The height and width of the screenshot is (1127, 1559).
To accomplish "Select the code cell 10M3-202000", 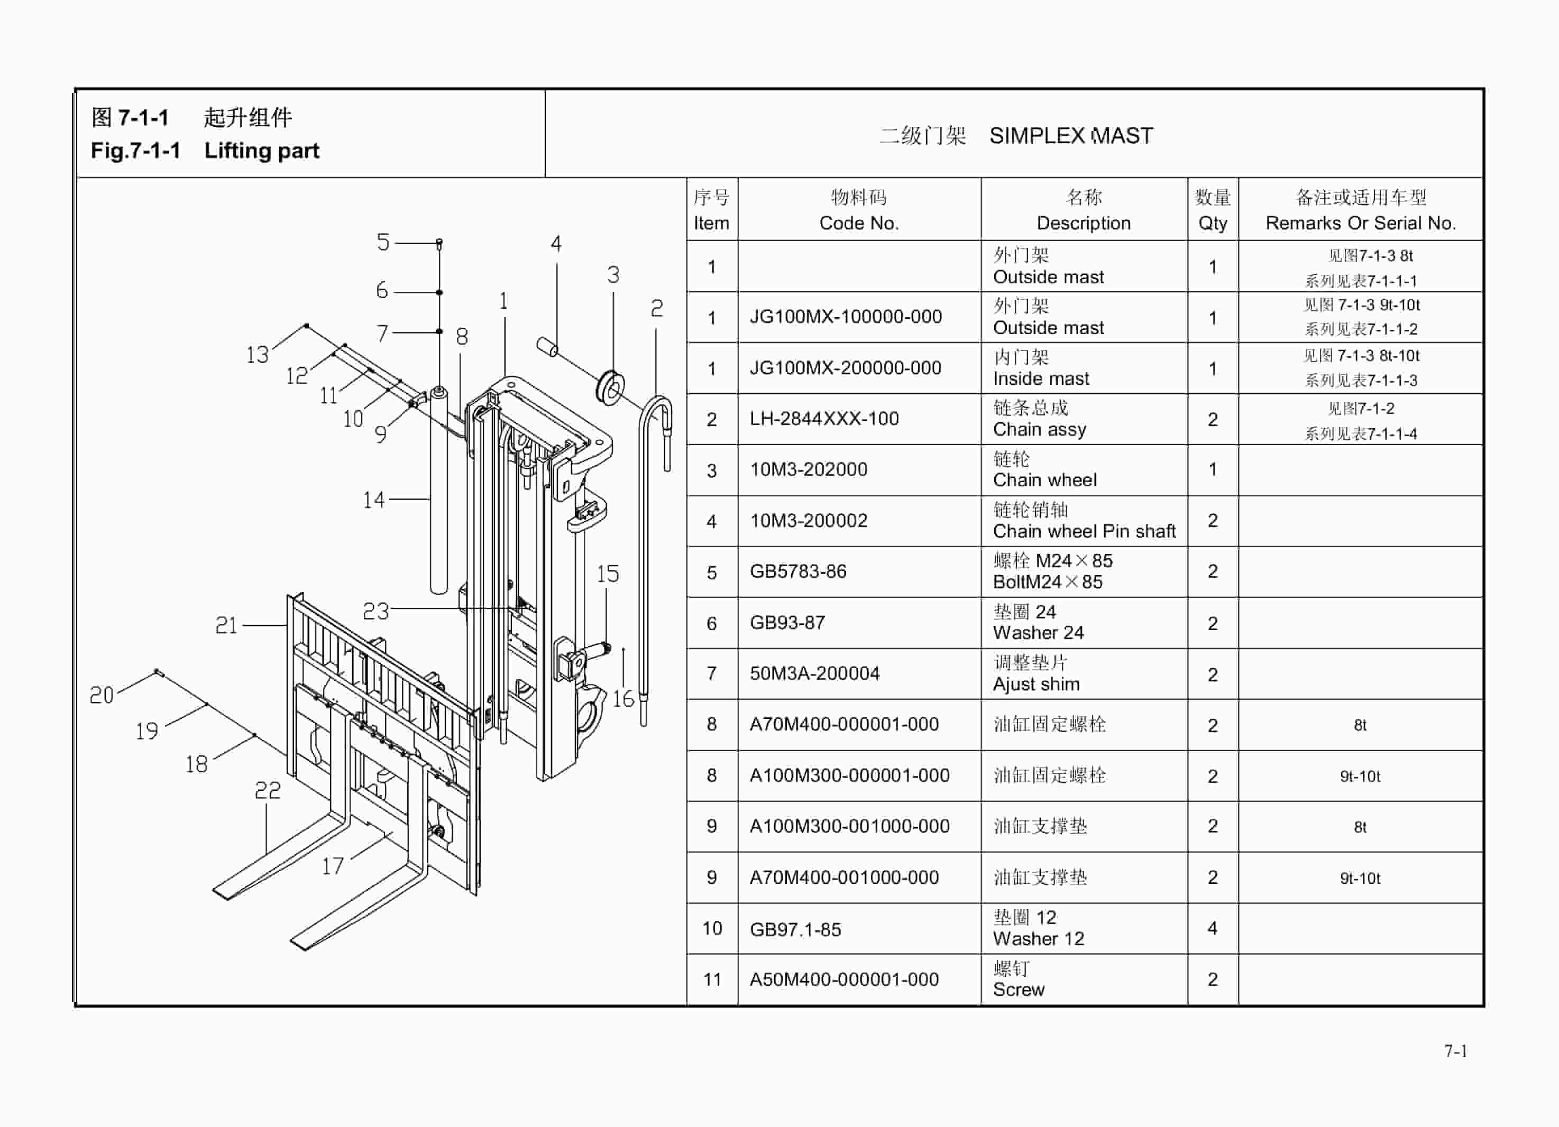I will click(809, 469).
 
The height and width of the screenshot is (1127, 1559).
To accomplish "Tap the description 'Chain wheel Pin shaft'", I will click(1084, 531).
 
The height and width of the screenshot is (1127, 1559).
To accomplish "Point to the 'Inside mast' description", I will click(1041, 378).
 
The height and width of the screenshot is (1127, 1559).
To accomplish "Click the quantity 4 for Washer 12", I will click(1213, 928).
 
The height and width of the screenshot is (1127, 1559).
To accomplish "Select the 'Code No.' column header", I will click(858, 223).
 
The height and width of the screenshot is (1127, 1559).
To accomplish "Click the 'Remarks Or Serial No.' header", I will click(1360, 223).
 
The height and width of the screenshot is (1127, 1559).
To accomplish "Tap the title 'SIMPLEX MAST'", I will click(1071, 135).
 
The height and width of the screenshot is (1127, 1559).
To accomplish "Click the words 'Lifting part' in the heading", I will click(261, 151).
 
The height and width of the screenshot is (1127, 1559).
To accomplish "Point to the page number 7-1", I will click(1455, 1051).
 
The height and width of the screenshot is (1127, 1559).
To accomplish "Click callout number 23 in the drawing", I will click(375, 611).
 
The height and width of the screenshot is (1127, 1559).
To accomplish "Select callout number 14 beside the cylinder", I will click(373, 500).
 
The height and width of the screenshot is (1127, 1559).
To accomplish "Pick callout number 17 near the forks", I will click(333, 865).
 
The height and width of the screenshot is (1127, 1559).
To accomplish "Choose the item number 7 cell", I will click(711, 673).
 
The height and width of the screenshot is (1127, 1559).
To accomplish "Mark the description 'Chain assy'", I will click(1039, 429).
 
